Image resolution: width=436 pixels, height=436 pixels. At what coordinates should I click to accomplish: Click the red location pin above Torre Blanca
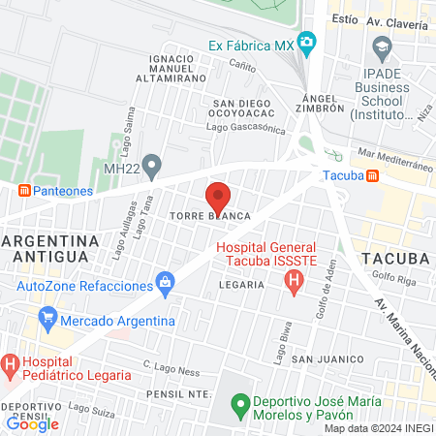[x=218, y=197]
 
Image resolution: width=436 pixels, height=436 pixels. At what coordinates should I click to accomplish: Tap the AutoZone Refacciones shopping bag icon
[x=166, y=285]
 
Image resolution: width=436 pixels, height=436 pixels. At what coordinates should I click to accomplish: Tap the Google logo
[x=32, y=422]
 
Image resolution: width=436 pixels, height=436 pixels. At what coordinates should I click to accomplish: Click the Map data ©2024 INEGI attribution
[x=378, y=428]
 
